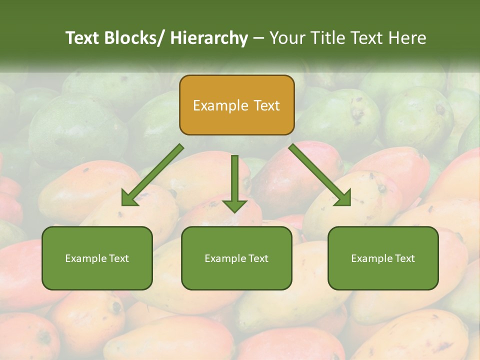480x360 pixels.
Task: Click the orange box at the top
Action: (236, 105)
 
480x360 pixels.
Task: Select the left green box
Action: (97, 258)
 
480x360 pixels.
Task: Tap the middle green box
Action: (236, 258)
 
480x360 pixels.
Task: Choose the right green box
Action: (383, 258)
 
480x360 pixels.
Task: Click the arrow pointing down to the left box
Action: (153, 175)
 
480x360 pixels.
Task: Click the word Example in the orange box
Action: (220, 105)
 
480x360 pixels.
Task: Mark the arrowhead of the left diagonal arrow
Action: (128, 199)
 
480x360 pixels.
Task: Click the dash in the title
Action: (258, 38)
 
